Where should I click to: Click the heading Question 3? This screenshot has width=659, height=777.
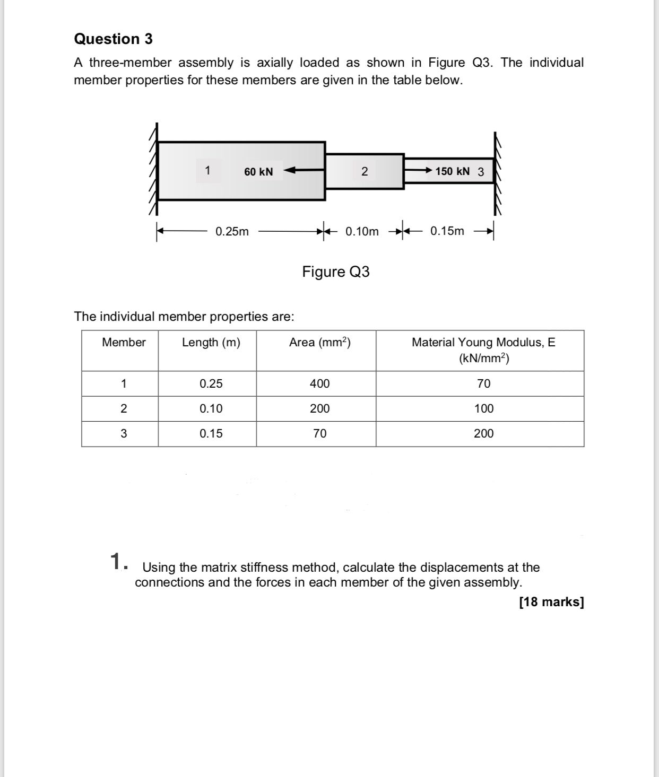[x=113, y=39]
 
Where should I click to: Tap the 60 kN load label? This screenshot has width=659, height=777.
[x=258, y=172]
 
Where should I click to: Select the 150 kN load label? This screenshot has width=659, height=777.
[x=452, y=171]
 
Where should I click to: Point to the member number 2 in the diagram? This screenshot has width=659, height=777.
[x=364, y=172]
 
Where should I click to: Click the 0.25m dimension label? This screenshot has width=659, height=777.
[x=232, y=231]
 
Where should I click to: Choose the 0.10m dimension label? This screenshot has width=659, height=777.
[x=362, y=231]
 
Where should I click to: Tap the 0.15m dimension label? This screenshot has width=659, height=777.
[x=447, y=231]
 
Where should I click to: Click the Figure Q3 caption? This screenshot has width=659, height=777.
[x=335, y=272]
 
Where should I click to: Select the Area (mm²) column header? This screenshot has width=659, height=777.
[x=319, y=343]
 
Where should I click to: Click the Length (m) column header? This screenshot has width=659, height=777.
[x=211, y=343]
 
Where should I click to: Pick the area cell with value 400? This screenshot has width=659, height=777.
[x=319, y=383]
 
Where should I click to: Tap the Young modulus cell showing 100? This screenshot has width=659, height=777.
[x=483, y=408]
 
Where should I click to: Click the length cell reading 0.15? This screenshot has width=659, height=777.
[x=211, y=433]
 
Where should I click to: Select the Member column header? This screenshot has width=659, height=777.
[x=124, y=343]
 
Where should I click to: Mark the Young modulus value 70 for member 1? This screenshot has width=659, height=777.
[x=483, y=383]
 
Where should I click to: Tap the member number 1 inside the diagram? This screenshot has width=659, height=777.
[x=208, y=171]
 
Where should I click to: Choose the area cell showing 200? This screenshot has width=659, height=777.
[x=319, y=408]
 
